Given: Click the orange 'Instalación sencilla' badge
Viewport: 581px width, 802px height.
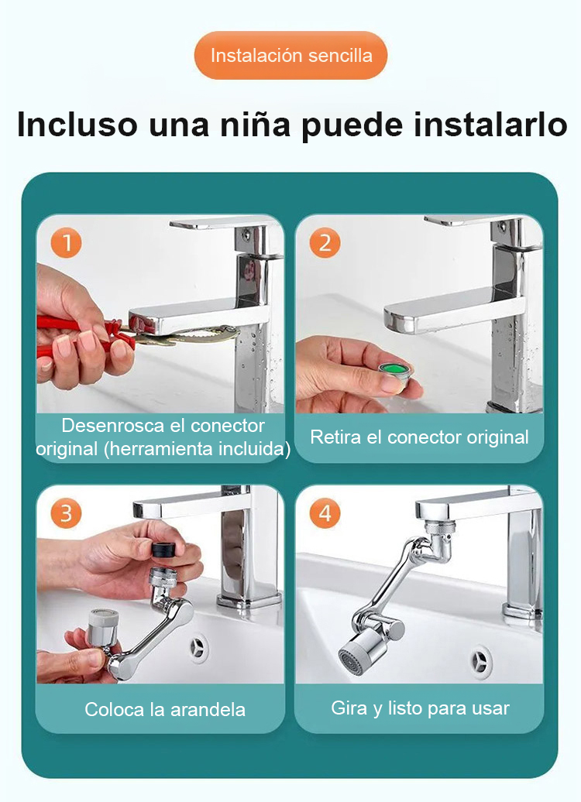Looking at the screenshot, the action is (x=290, y=55).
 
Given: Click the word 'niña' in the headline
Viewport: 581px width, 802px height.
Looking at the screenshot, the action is (x=255, y=124).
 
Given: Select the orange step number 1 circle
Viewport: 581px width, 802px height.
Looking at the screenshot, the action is (x=66, y=242).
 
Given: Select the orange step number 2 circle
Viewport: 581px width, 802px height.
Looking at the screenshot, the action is (x=325, y=242).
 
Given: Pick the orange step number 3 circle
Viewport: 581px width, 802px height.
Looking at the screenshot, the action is (x=66, y=513).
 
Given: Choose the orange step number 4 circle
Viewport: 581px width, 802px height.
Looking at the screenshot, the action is (x=325, y=513).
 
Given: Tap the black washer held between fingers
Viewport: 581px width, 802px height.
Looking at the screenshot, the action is (x=165, y=550).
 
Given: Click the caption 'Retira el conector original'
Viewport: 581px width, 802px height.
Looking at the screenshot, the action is (x=419, y=437).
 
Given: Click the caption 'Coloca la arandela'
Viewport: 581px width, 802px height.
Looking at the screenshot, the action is (x=165, y=709).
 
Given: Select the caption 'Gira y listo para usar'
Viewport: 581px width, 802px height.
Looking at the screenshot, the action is (x=421, y=708).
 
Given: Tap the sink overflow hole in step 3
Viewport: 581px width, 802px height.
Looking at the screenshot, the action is (x=197, y=647).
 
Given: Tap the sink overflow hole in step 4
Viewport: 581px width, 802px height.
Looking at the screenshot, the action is (x=481, y=660).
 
